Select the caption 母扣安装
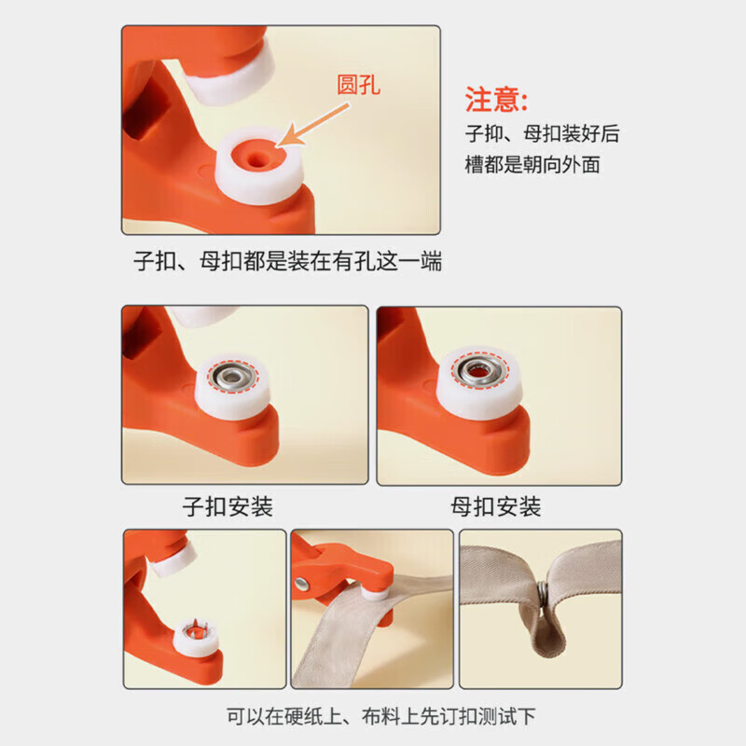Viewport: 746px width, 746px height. point(495,508)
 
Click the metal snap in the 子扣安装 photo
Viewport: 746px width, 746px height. point(230,377)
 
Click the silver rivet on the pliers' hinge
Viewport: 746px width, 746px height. point(303,585)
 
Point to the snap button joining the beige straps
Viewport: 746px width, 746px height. point(542,594)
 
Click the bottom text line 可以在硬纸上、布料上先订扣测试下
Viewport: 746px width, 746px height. point(382,716)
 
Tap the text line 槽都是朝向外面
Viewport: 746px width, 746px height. point(532,165)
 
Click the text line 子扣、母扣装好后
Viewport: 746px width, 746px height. point(542,133)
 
